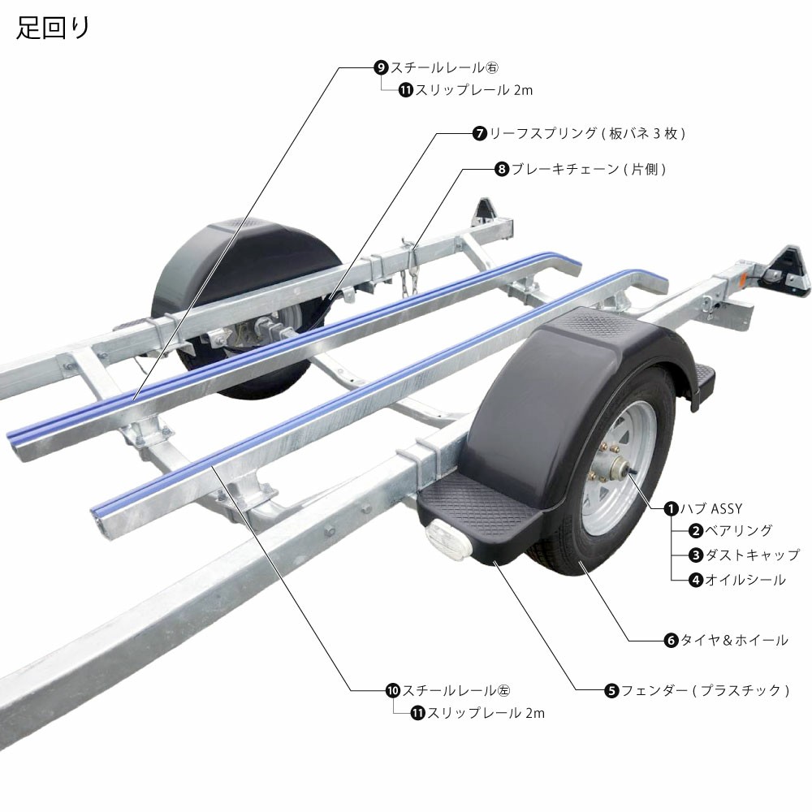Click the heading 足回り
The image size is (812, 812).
tap(54, 28)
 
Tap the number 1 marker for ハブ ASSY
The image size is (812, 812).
tap(671, 508)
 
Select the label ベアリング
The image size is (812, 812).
tap(738, 530)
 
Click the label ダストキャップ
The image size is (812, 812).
tap(752, 555)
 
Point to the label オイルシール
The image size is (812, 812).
tap(745, 580)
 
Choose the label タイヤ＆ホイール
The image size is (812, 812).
tap(734, 640)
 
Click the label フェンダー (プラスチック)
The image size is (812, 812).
tap(704, 690)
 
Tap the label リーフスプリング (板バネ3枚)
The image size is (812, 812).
tap(587, 134)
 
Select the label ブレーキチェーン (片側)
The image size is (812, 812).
tap(588, 169)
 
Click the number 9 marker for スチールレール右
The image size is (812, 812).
tap(381, 67)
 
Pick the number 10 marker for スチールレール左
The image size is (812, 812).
tap(393, 690)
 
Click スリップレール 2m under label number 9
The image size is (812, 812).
tap(473, 90)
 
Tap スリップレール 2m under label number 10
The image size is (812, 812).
tap(486, 713)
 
